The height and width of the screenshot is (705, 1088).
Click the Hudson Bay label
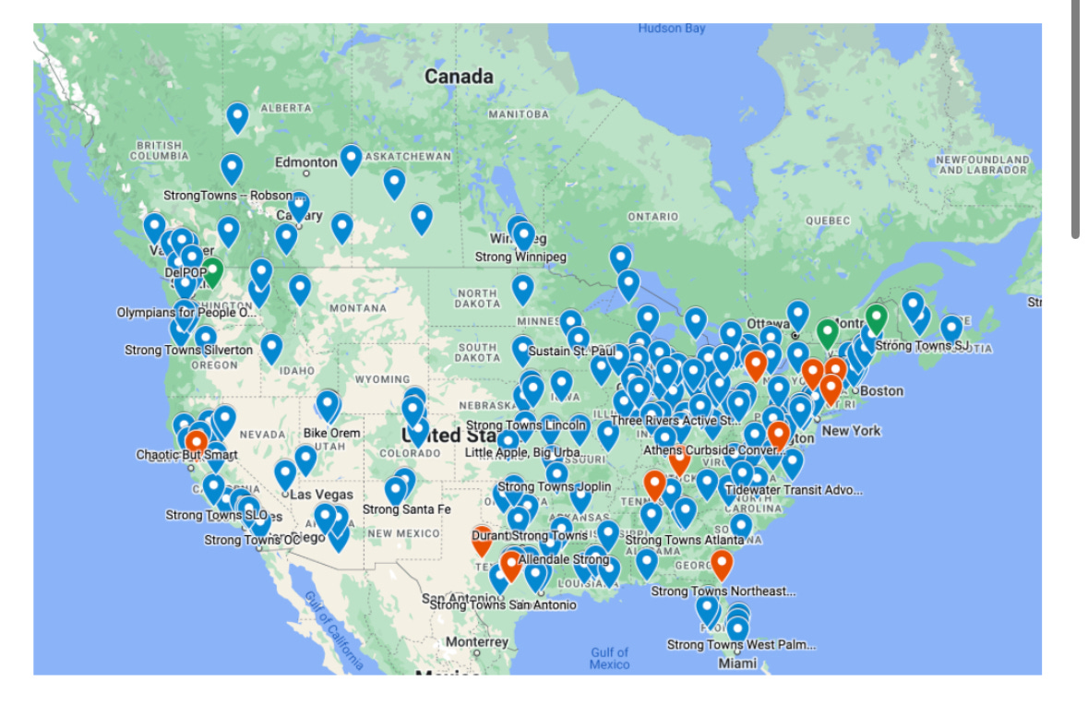click(671, 29)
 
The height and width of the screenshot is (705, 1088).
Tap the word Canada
click(459, 78)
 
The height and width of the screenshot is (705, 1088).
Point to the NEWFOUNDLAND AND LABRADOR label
click(982, 164)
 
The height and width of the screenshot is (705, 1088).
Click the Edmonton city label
click(305, 162)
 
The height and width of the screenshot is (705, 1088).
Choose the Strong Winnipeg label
click(520, 257)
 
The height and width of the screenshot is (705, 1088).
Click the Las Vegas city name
click(321, 495)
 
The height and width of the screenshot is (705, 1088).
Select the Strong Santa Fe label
click(406, 509)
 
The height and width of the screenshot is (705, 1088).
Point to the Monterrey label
click(476, 641)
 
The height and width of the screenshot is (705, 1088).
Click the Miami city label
click(737, 663)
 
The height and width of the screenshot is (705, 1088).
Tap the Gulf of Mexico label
click(609, 658)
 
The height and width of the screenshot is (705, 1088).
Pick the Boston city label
click(881, 390)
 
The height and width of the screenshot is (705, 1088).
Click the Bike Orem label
click(332, 433)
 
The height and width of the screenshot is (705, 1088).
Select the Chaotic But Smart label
click(186, 455)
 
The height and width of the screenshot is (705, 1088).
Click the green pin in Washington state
click(212, 272)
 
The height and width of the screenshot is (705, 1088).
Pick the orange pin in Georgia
click(722, 562)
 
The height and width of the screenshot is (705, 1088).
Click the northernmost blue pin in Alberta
click(237, 117)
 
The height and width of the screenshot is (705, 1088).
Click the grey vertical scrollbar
click(1075, 120)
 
